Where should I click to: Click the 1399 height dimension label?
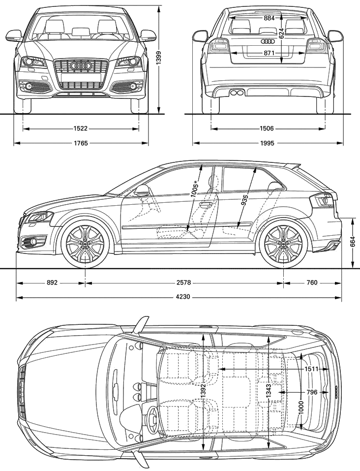coord(159,58)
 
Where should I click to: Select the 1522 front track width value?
coord(80,128)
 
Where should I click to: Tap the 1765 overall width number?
coord(81,143)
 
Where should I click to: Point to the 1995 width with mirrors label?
coord(267,143)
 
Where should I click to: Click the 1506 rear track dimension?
coord(267,128)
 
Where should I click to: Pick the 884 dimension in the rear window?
coord(270,18)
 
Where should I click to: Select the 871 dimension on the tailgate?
coord(270,53)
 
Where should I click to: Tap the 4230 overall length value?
coord(183,297)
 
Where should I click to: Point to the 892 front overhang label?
coord(52,283)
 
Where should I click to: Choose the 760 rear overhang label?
coord(312,283)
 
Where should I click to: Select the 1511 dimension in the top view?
coord(311,369)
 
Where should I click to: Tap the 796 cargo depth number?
coord(312,392)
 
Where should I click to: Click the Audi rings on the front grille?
coord(81,66)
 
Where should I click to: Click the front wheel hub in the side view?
coord(85,244)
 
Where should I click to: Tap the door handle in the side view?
coord(206,205)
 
